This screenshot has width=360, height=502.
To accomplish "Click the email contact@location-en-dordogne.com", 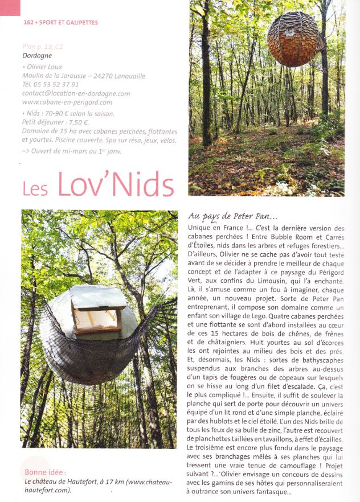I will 76,93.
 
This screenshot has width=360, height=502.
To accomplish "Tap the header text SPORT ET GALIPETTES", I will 68,23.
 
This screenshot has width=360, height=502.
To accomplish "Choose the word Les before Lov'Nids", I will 35,188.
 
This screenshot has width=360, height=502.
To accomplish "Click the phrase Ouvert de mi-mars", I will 62,151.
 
